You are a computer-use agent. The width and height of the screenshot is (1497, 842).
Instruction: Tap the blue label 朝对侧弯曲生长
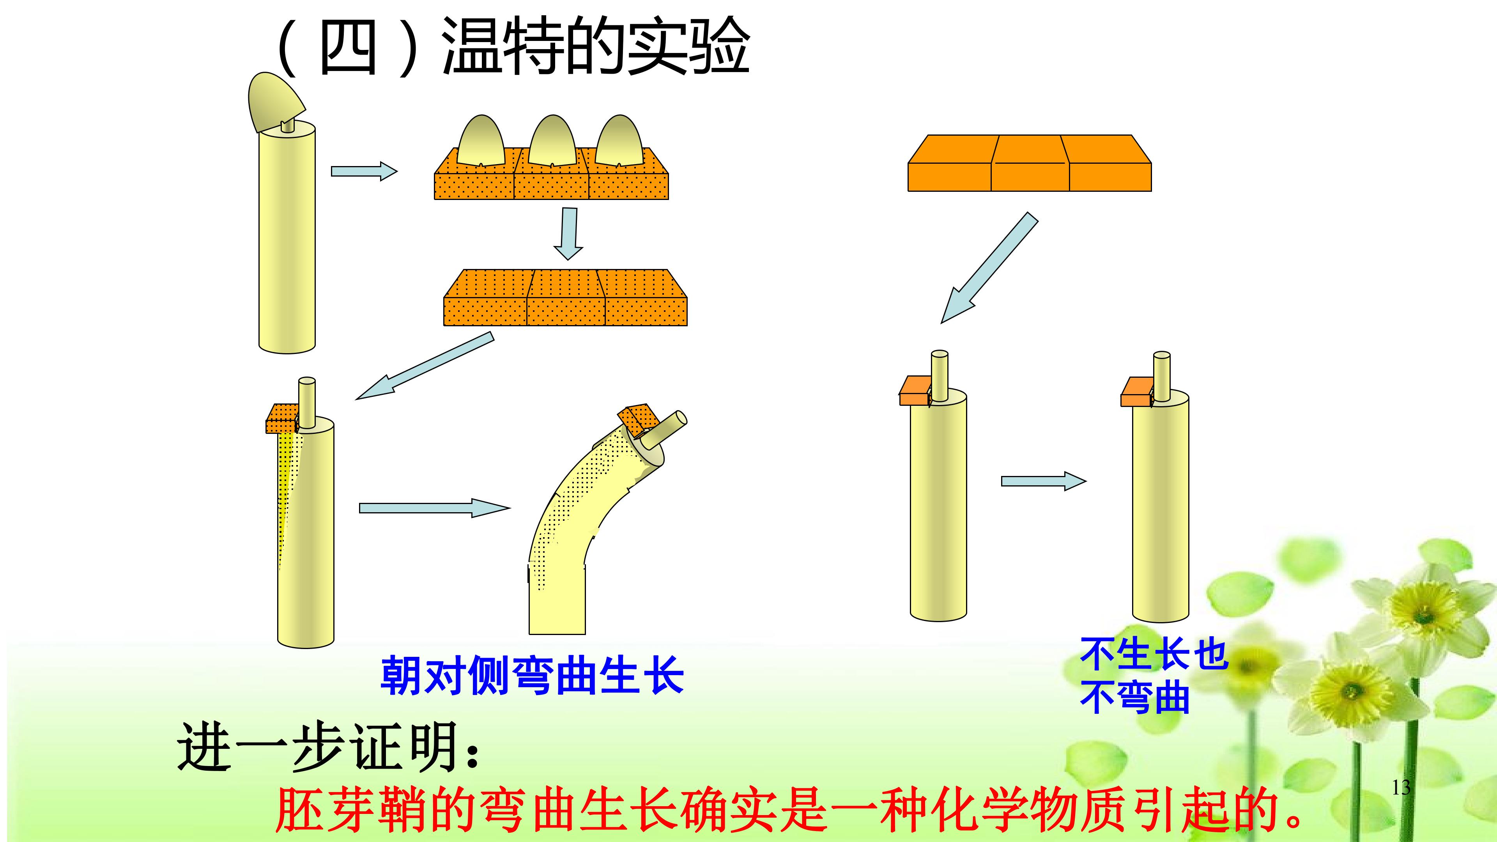532,675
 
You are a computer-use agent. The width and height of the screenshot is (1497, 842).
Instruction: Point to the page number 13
1401,787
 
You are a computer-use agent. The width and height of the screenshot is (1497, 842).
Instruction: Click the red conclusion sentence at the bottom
790,810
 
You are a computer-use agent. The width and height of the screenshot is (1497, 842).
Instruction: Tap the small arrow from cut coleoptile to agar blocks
364,172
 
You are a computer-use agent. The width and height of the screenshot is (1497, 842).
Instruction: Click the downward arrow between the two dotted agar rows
568,233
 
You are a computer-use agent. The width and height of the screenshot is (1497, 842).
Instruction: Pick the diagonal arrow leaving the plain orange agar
989,267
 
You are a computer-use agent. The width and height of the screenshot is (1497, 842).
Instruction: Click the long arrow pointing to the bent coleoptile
434,508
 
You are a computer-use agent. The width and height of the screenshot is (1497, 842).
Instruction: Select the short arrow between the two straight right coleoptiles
1043,481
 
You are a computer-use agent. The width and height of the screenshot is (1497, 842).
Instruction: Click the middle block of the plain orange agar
1030,163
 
